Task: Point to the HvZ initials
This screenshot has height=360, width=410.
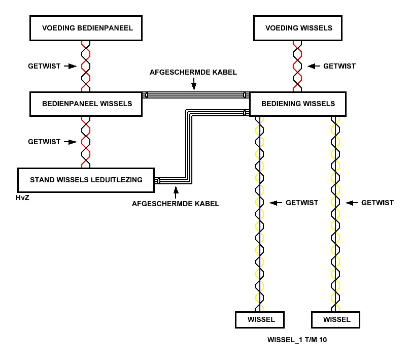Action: tap(22, 198)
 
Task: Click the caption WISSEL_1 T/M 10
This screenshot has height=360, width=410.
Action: tap(297, 340)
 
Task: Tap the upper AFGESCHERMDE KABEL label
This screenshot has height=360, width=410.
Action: tap(193, 72)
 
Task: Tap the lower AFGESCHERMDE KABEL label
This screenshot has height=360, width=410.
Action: tap(176, 204)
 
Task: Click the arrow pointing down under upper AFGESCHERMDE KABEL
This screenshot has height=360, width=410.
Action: tap(194, 84)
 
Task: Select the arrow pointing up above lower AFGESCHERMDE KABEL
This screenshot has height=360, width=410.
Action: tap(176, 192)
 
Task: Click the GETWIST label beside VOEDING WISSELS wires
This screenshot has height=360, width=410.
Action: tap(339, 66)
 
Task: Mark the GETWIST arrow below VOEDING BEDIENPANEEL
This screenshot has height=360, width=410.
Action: tap(71, 66)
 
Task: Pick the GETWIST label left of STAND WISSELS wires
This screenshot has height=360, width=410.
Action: tap(44, 142)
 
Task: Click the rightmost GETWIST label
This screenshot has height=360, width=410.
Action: tap(378, 203)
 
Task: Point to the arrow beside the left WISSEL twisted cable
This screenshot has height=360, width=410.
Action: tap(276, 203)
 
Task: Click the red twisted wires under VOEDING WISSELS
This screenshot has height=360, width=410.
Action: tap(297, 66)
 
